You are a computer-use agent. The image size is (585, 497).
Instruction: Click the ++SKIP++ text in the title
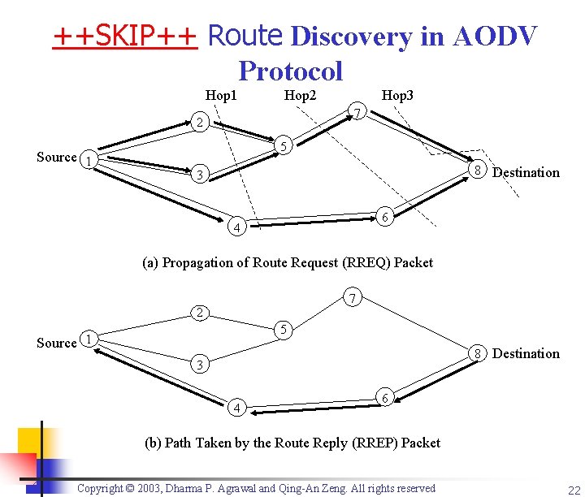[126, 37]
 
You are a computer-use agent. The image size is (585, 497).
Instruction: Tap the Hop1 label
[221, 96]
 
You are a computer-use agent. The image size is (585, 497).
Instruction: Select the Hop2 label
[300, 96]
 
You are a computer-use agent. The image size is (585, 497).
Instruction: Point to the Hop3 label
[398, 96]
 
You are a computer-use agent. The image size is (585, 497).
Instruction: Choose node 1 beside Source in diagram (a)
[90, 160]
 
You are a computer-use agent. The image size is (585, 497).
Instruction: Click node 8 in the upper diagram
[479, 170]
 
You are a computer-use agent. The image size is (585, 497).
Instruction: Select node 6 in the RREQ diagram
[386, 215]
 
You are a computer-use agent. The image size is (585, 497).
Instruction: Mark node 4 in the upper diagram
[236, 227]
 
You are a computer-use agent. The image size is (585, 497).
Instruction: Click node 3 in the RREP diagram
[199, 365]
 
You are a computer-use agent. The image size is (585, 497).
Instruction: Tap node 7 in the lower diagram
[350, 299]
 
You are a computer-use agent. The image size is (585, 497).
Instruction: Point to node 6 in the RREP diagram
[386, 397]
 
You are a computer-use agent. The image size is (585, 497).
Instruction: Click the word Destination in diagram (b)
[526, 353]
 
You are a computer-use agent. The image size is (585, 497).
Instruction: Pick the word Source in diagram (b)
[57, 343]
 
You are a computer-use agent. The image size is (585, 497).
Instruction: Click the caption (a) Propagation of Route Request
[288, 262]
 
